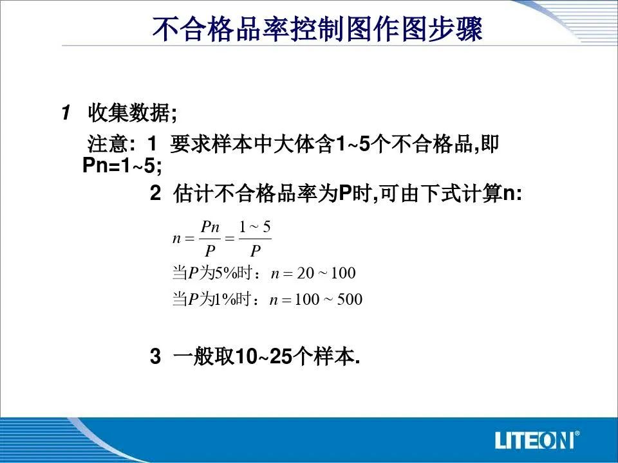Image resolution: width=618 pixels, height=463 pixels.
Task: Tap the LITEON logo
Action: tap(537, 439)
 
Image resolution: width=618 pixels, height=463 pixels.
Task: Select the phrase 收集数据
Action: tap(128, 113)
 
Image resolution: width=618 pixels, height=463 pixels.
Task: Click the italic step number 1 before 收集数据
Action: tap(66, 113)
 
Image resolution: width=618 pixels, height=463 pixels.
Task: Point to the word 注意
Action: tap(108, 143)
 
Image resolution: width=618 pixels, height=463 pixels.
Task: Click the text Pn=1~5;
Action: tap(122, 165)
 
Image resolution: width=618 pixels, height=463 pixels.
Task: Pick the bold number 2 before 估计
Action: tap(155, 193)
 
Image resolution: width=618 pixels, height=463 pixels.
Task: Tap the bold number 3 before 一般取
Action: tap(155, 356)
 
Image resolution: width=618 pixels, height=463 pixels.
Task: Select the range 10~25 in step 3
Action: tap(264, 357)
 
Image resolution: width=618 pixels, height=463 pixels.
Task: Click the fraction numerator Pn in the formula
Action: tap(210, 227)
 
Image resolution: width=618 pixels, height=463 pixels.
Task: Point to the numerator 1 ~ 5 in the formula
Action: tap(255, 227)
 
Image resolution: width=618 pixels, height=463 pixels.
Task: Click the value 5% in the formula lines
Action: tap(225, 273)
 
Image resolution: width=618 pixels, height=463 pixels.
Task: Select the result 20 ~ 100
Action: tap(326, 273)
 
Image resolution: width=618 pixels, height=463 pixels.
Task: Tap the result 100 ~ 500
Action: tap(328, 300)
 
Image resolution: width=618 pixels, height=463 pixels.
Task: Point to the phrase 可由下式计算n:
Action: tap(451, 194)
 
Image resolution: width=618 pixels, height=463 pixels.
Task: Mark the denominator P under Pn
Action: tap(210, 250)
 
